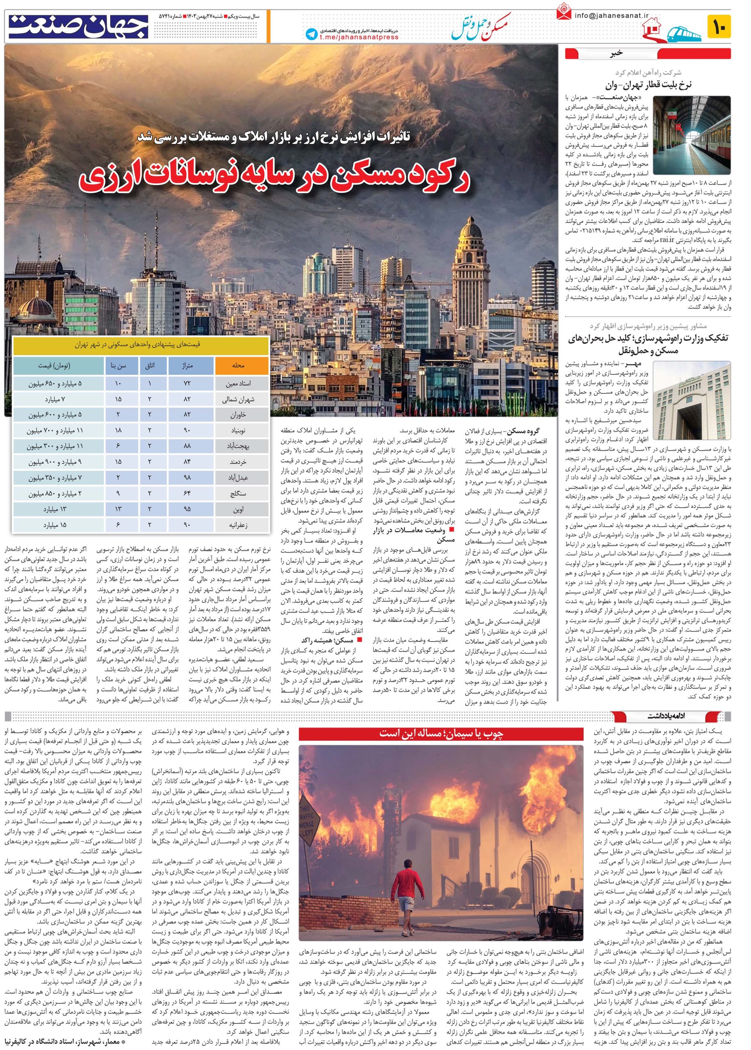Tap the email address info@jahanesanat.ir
click(x=606, y=15)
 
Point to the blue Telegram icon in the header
click(x=312, y=34)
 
